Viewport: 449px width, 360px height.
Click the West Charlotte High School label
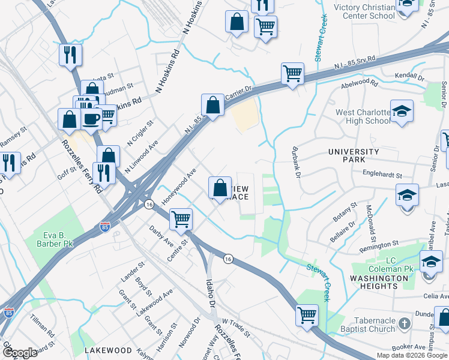click(x=362, y=116)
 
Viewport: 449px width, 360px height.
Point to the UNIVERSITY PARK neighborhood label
click(x=354, y=156)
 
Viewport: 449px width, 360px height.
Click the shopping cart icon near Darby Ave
click(x=181, y=218)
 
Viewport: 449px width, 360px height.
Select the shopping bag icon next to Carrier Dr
click(x=212, y=105)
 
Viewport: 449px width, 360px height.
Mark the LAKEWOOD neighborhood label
click(x=108, y=349)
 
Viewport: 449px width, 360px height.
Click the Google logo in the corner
click(x=20, y=352)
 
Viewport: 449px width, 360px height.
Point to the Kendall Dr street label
click(x=409, y=77)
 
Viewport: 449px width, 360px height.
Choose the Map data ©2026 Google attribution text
click(x=412, y=355)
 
